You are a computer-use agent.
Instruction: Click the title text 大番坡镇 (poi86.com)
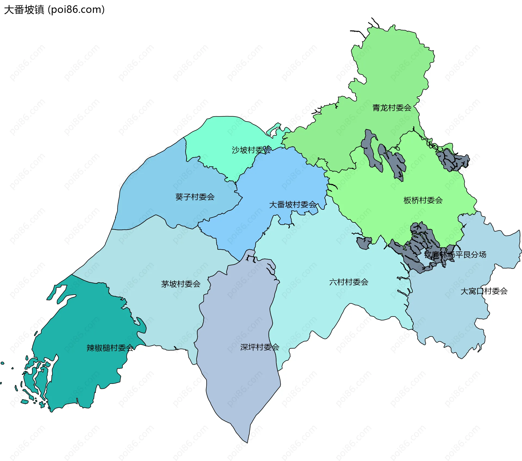[54, 10]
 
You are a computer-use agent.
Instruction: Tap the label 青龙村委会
[392, 108]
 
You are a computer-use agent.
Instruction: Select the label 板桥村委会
[423, 200]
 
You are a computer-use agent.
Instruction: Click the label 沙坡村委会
[251, 150]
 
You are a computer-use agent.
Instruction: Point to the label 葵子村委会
[195, 197]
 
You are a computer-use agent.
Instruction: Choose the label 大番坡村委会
[293, 204]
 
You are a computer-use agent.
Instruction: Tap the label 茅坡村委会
[181, 284]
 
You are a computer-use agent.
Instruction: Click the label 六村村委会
[349, 282]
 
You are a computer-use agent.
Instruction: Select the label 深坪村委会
[260, 347]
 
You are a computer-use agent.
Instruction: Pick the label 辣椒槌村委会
[110, 348]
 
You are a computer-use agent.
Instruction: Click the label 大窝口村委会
[484, 291]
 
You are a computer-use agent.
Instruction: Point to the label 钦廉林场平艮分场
[455, 255]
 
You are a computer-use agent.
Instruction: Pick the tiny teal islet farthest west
[2, 363]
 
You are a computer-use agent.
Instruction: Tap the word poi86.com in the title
[76, 10]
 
